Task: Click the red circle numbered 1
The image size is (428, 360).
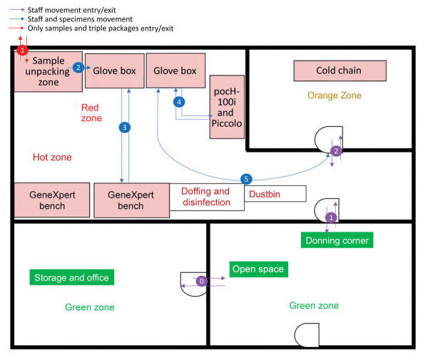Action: coord(22,51)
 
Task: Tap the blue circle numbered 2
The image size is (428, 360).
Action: coord(78,68)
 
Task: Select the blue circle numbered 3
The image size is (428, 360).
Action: coord(125,128)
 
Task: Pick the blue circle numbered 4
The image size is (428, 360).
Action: coord(179,102)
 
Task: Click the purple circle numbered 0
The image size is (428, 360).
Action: coord(203,282)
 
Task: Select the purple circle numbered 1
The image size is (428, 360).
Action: coord(330,217)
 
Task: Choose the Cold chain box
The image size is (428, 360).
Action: coord(340,71)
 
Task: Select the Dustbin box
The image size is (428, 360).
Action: coord(275,193)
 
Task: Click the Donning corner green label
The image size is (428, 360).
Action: coord(337,240)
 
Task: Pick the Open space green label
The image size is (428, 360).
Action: coord(257,269)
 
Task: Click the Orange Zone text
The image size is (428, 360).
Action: coord(335,95)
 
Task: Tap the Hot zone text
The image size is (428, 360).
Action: coord(52,157)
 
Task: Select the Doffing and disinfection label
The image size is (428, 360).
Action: coord(205,197)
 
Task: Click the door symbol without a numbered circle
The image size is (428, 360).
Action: coord(306,334)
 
